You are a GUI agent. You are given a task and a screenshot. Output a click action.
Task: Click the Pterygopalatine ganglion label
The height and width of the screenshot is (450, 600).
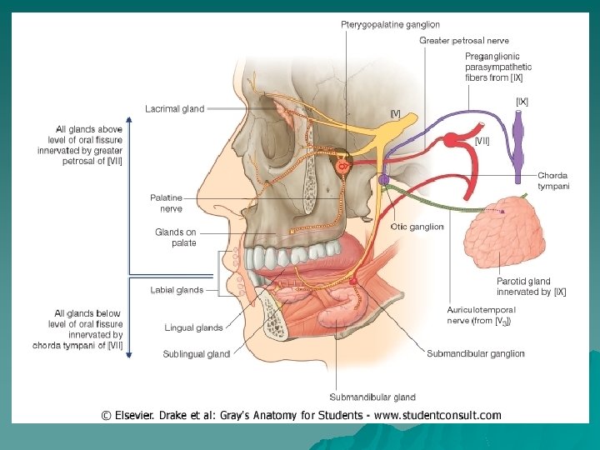tap(390, 25)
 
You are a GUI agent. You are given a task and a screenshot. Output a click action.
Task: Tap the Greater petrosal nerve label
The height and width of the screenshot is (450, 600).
tap(463, 40)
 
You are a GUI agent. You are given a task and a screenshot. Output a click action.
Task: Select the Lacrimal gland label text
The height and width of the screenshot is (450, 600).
tap(174, 108)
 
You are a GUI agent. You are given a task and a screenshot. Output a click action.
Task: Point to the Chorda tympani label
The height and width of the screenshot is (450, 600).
tap(553, 181)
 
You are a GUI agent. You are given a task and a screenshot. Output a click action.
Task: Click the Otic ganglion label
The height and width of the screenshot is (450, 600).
tap(417, 227)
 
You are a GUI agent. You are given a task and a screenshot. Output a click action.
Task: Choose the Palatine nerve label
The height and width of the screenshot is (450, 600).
tap(166, 202)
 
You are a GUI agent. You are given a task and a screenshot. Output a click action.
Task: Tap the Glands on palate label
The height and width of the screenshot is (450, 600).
tap(176, 237)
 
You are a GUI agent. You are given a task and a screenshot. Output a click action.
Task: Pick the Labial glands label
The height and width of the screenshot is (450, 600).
tap(177, 290)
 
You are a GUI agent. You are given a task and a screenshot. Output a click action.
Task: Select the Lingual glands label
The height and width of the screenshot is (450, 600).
tap(193, 328)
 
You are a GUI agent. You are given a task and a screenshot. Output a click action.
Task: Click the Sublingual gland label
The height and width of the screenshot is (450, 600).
tap(196, 354)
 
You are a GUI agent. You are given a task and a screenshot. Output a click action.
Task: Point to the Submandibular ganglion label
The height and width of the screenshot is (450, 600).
tap(475, 353)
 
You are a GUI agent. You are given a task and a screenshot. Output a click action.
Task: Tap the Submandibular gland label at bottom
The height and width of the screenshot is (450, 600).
tap(372, 397)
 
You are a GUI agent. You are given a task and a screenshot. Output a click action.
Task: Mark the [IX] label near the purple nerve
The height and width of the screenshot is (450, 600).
tap(522, 102)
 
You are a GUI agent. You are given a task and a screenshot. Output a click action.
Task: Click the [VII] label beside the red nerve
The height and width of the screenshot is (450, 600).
tap(482, 142)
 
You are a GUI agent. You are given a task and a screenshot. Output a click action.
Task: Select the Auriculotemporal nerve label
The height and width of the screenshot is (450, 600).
tap(481, 315)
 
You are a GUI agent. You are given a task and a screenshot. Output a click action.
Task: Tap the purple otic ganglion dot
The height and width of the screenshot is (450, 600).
tap(383, 179)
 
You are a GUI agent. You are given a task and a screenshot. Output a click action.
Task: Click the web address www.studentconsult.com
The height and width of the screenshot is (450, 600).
tap(437, 415)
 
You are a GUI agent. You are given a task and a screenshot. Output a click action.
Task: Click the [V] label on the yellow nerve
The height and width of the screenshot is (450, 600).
tap(396, 113)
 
